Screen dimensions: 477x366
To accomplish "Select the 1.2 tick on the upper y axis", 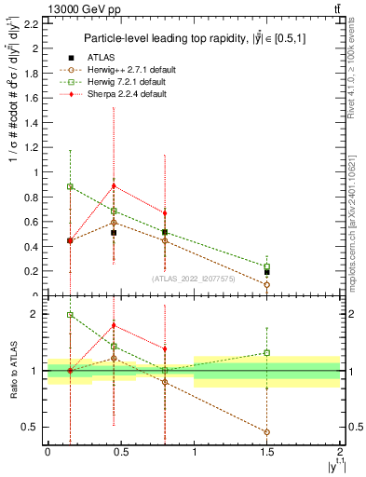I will pos(32,147).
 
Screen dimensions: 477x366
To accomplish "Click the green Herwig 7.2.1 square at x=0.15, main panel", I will pos(70,186).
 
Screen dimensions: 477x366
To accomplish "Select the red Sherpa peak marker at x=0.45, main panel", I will pos(114,185).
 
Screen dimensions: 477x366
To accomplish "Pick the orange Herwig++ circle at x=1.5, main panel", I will pos(266,285).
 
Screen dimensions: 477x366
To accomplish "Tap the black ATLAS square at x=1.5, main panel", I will pos(266,271).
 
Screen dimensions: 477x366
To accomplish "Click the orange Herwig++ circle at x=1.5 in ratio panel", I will pos(266,432).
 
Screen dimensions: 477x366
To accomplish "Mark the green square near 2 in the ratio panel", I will pos(70,315).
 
